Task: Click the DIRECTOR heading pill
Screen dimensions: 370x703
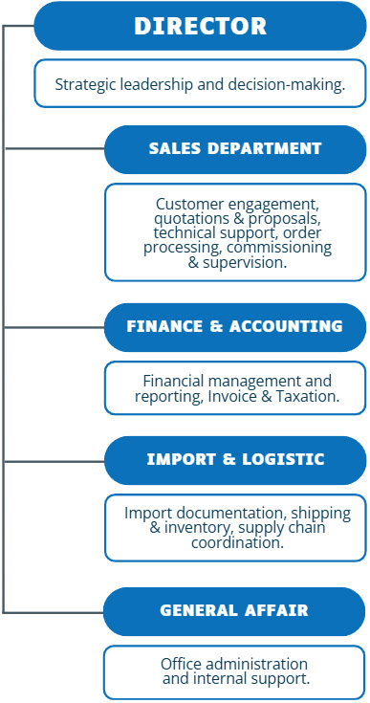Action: [200, 26]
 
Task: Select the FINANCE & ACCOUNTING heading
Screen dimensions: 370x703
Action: [235, 327]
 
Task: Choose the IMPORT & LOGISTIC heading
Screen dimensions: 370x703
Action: [235, 460]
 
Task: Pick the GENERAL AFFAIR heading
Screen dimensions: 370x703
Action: [234, 611]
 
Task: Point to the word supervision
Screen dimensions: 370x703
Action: [245, 263]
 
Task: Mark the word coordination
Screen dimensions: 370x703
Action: [237, 543]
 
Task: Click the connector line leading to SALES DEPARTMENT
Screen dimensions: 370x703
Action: [54, 149]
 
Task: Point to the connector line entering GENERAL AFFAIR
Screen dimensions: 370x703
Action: [54, 612]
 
